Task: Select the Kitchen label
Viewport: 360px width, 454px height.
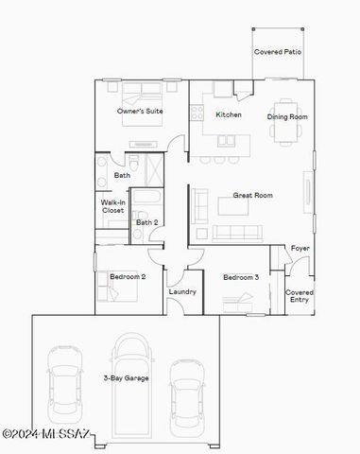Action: [x=229, y=114]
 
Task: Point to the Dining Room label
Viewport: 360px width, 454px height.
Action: [x=287, y=118]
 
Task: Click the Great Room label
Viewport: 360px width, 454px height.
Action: [x=253, y=196]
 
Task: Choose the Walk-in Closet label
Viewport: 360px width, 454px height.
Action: [x=113, y=206]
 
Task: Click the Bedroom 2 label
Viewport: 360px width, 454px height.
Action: [x=127, y=277]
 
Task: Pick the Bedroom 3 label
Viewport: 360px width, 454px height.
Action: [x=241, y=277]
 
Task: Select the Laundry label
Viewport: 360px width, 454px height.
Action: [x=182, y=291]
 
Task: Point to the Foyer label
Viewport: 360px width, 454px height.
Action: [x=300, y=248]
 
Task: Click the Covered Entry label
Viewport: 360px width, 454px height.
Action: [x=300, y=296]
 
